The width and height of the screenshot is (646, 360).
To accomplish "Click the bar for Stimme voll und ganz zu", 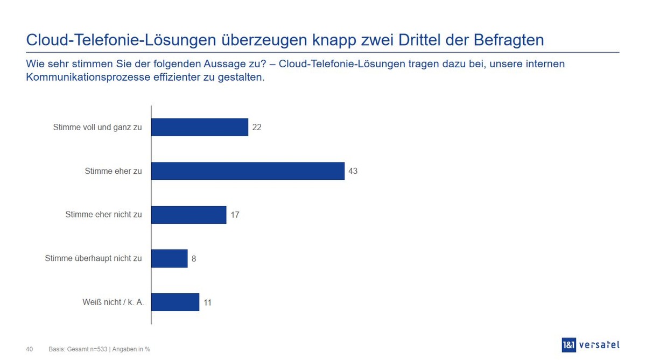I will tap(199, 128).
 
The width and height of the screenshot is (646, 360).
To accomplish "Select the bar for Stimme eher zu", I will tap(248, 171).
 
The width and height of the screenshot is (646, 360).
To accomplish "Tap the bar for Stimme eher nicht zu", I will tap(188, 215).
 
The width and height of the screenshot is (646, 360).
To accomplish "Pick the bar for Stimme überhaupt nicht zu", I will tap(169, 258).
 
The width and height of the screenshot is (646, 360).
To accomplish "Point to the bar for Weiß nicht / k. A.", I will tap(175, 302).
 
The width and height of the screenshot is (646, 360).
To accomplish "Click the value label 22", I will tap(257, 128).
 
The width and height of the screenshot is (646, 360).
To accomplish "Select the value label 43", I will tap(353, 171).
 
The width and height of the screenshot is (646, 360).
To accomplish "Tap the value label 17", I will tap(235, 215).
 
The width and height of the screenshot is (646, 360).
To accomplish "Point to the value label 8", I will tap(194, 258).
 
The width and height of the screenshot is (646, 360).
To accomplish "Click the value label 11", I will tap(207, 302).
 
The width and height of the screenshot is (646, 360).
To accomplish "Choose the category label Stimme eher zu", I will tap(113, 171).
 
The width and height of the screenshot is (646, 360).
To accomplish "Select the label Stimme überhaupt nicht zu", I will tap(93, 258).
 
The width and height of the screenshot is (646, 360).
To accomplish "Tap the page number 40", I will tap(30, 349).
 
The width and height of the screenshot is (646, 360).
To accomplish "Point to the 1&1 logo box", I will tap(569, 345).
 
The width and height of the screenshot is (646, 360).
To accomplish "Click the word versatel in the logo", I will tap(599, 345).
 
